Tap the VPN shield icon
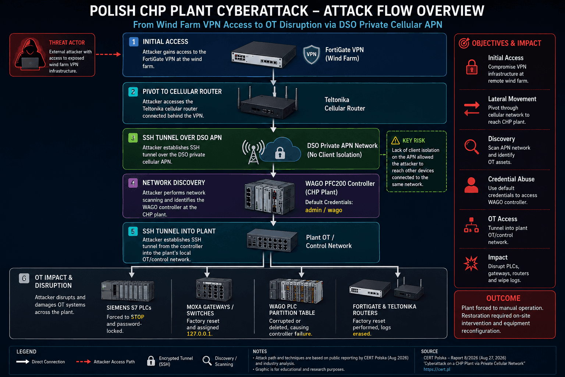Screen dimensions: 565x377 pos(311,54)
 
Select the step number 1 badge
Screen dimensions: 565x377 pos(134,42)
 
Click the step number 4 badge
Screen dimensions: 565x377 pos(133,183)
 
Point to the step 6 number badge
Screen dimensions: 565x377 pos(24,278)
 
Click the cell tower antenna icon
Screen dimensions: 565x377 pos(253,152)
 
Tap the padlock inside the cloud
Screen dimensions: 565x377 pos(280,153)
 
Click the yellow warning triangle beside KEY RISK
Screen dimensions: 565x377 pos(395,140)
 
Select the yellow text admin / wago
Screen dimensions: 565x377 pos(324,210)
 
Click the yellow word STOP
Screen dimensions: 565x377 pos(138,317)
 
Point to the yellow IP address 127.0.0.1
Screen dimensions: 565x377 pos(199,334)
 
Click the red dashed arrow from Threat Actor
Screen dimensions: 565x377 pos(109,54)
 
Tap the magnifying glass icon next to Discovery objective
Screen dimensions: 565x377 pos(472,147)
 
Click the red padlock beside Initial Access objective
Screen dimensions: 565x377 pos(472,67)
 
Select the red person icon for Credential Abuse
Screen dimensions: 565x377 pos(471,185)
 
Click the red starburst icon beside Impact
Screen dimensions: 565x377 pos(471,263)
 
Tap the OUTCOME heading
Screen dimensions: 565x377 pos(503,298)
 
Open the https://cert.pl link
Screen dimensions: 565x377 pos(437,369)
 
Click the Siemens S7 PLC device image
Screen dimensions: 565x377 pos(128,291)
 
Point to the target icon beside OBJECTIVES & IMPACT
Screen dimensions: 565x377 pos(464,43)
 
